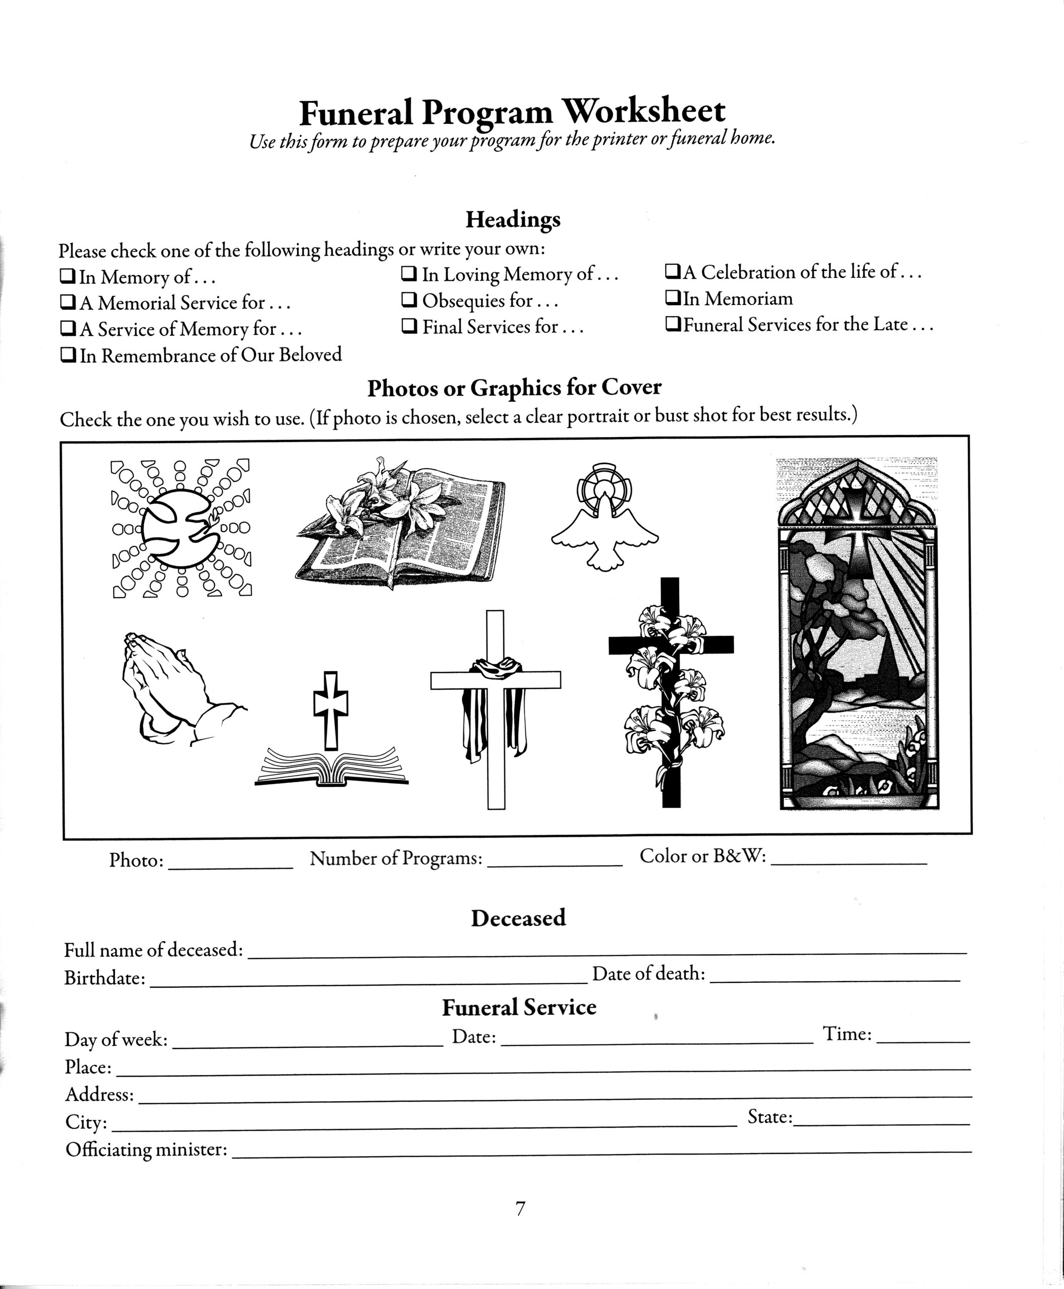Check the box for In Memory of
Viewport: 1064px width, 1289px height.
(x=67, y=276)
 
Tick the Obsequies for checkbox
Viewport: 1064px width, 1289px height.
(x=409, y=300)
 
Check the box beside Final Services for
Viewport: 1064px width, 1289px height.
(x=409, y=326)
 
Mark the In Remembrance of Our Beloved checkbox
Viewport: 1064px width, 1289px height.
(x=68, y=355)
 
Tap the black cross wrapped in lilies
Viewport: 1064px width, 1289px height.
(x=672, y=693)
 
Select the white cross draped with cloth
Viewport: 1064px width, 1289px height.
(x=495, y=708)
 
